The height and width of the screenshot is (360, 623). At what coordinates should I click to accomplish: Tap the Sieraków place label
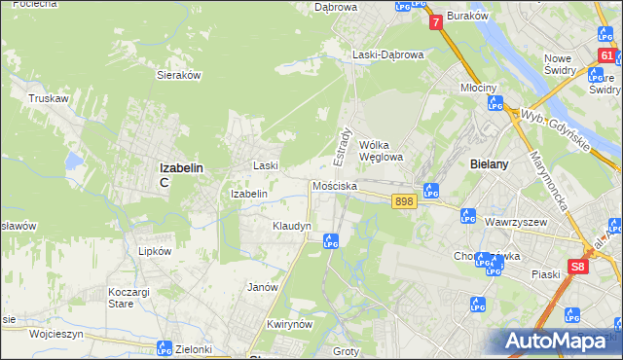(178, 73)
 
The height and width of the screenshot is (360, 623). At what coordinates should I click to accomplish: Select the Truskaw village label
(47, 98)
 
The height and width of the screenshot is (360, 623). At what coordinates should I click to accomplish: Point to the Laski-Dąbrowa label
(388, 54)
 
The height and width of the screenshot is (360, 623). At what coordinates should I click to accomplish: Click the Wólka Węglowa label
(381, 149)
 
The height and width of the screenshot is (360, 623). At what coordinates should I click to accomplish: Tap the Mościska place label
(335, 185)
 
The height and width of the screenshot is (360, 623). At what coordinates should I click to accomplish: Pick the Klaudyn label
(291, 226)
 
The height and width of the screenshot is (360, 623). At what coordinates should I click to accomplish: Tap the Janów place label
(263, 287)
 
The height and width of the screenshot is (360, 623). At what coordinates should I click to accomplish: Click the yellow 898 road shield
(406, 200)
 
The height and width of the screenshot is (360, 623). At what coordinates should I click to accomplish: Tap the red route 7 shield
(435, 20)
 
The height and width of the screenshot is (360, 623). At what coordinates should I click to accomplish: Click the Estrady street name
(344, 145)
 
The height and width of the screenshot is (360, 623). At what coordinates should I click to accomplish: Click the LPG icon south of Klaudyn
(330, 240)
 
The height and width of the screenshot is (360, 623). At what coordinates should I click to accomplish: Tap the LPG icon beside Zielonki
(165, 347)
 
